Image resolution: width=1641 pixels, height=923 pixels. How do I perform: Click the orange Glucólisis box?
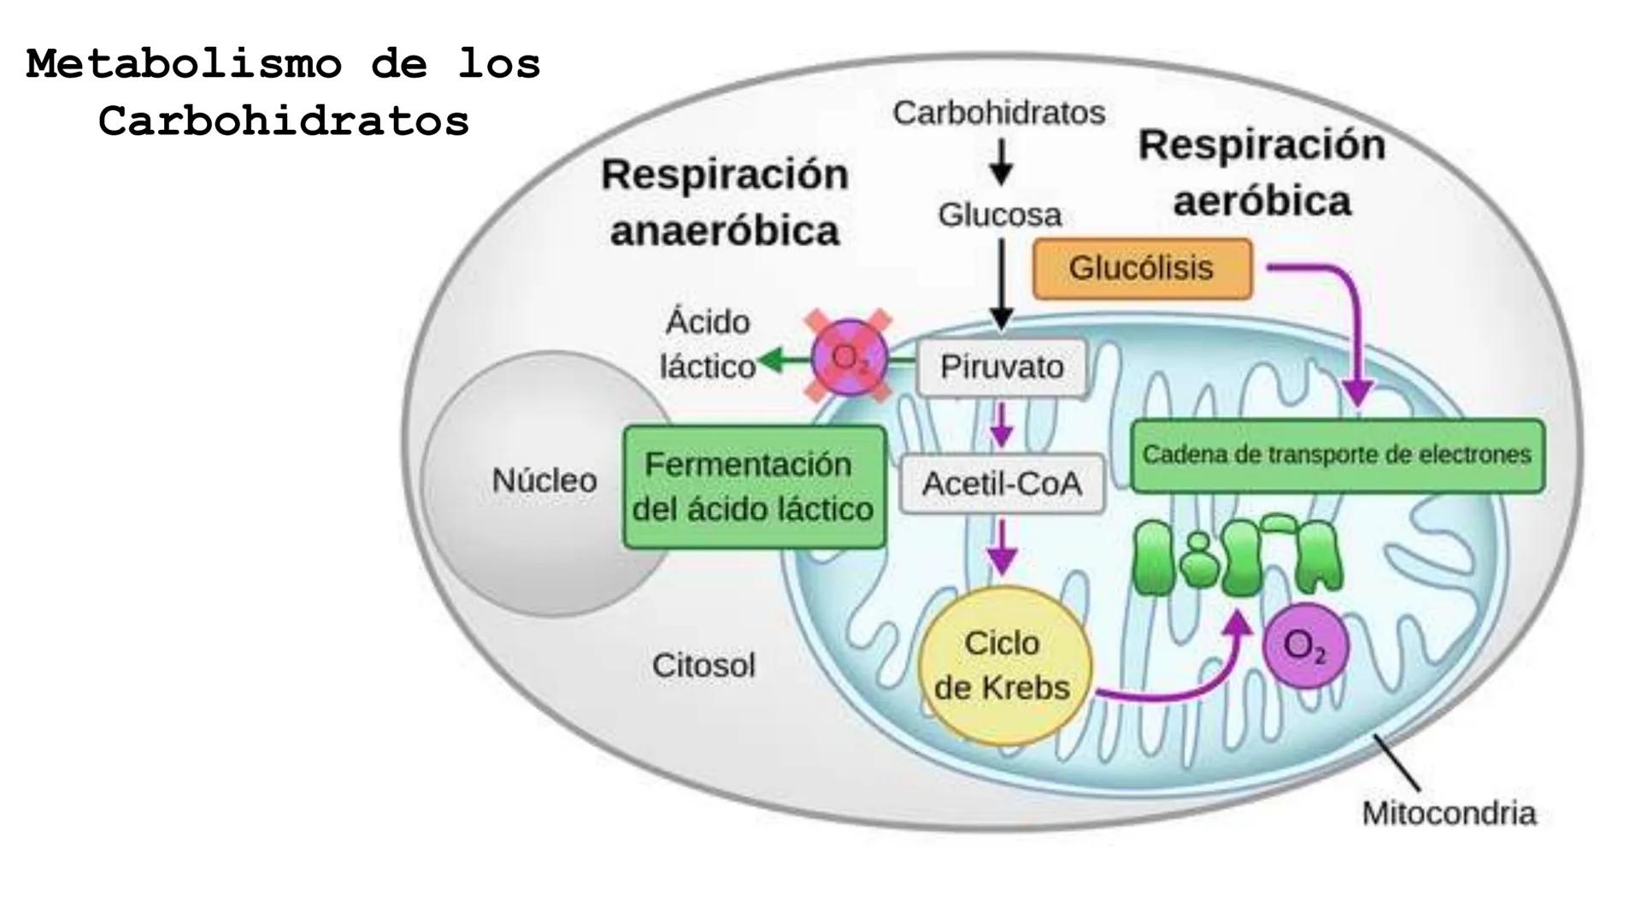point(1142,268)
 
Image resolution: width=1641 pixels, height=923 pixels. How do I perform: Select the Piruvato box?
point(1002,367)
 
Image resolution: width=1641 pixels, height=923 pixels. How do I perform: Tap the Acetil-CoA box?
point(1002,484)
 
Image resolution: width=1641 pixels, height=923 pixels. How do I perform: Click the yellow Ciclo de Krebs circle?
point(1004,665)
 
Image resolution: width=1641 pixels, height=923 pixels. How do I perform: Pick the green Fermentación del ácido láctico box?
point(754,487)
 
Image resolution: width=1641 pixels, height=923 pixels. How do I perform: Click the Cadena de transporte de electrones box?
point(1338,456)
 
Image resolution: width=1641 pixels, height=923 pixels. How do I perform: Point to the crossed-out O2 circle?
point(849,357)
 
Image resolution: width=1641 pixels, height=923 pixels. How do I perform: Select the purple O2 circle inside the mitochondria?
point(1305,646)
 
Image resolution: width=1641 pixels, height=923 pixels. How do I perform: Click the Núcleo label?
point(544,481)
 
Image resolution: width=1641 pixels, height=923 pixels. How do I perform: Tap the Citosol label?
point(703,666)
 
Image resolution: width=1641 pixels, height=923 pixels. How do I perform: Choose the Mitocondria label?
point(1449,814)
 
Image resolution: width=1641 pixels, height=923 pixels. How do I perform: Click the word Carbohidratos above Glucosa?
point(999,113)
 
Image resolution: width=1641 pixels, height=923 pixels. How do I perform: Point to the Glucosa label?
point(1000,215)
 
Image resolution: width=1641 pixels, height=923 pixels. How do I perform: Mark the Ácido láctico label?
point(708,344)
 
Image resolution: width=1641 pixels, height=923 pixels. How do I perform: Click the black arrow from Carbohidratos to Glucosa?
point(1001,162)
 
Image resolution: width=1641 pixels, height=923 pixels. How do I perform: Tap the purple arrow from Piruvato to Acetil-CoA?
point(1001,425)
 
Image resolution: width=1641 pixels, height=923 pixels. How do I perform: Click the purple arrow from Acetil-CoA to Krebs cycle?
point(1002,548)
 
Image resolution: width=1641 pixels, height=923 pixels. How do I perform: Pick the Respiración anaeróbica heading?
point(725,203)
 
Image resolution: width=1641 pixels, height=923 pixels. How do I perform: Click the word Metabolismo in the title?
point(184,64)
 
